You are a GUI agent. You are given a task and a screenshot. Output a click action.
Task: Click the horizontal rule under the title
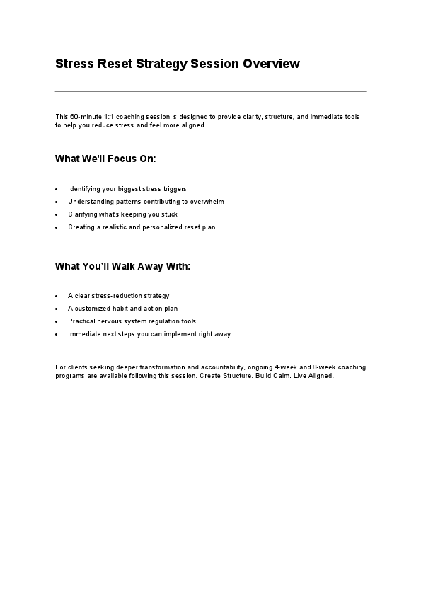tap(210, 91)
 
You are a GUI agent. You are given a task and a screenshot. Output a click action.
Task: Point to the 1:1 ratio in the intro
tap(103, 116)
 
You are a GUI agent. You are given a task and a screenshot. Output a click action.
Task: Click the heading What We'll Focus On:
tap(105, 159)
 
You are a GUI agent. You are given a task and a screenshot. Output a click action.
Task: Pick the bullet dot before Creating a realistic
tap(57, 228)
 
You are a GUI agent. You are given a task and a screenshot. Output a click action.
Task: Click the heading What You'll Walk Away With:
tap(122, 266)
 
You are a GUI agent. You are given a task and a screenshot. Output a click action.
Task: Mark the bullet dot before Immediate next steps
tap(57, 335)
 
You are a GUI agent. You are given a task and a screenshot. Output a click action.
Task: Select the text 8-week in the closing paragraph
tap(322, 367)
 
